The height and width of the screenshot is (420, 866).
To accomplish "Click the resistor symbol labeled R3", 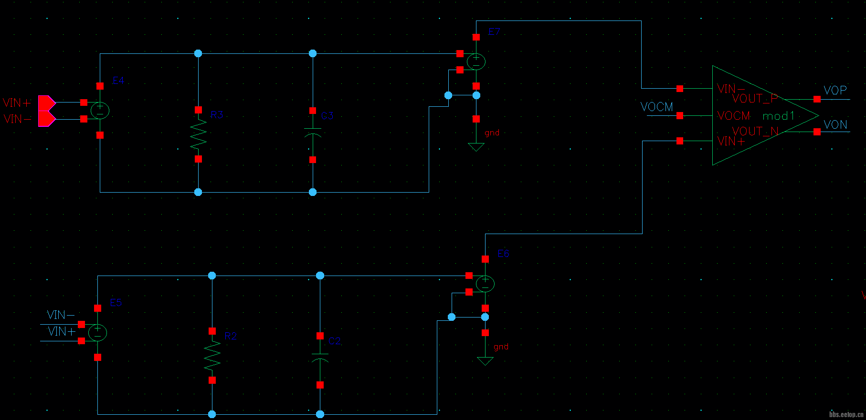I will [x=198, y=134].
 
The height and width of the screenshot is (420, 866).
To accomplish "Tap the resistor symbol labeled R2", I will [x=212, y=356].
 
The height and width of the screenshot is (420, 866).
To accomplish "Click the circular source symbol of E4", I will [x=100, y=111].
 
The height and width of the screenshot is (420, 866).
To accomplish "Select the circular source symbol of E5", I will [x=97, y=332].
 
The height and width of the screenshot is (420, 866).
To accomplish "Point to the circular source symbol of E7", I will [x=476, y=61].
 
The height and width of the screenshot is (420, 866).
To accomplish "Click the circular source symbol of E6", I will [x=485, y=284].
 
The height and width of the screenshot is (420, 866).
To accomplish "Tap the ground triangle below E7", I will [x=476, y=147].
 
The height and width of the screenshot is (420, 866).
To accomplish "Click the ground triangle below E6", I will [x=485, y=361].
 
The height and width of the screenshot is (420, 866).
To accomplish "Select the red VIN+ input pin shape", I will [x=46, y=102].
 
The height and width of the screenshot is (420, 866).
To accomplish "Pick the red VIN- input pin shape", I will [x=46, y=119].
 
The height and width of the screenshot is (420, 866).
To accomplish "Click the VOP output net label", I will [x=835, y=91].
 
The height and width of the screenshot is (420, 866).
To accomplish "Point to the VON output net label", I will [x=835, y=125].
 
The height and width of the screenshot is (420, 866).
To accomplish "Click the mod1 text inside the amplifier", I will [x=778, y=116].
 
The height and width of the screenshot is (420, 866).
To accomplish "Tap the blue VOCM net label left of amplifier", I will [x=657, y=107].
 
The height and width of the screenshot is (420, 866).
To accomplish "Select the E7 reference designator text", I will [x=494, y=32].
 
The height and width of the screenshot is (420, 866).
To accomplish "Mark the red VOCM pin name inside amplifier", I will [x=734, y=116].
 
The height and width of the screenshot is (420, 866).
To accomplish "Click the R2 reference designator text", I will [x=231, y=336].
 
